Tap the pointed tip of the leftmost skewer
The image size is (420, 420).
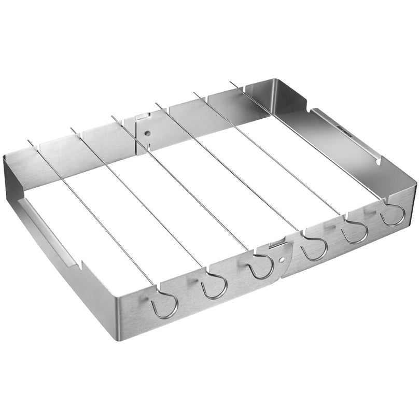point(30,141)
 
